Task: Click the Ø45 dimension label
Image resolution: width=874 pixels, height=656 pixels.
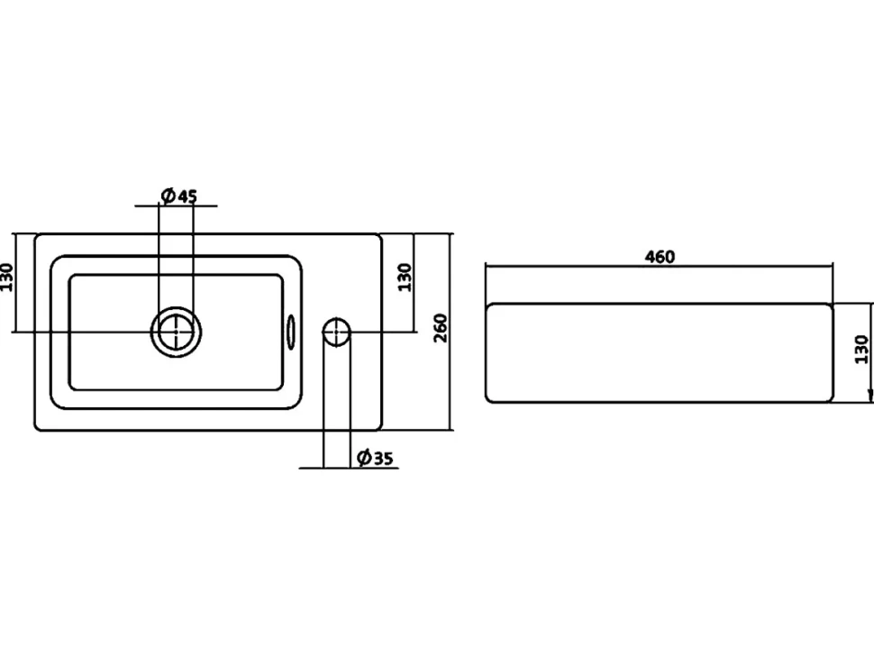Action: pyautogui.click(x=178, y=196)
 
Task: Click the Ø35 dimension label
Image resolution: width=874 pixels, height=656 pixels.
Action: pyautogui.click(x=375, y=458)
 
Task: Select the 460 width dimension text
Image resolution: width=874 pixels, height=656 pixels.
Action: pyautogui.click(x=660, y=257)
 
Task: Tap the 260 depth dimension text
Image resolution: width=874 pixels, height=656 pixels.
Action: pyautogui.click(x=441, y=328)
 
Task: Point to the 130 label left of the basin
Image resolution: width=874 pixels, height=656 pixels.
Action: pyautogui.click(x=6, y=277)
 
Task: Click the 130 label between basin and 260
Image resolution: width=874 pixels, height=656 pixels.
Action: pyautogui.click(x=405, y=277)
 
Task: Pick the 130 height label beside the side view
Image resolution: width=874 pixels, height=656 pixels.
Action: pyautogui.click(x=861, y=350)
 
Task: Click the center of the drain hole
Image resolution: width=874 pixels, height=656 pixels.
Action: pyautogui.click(x=176, y=332)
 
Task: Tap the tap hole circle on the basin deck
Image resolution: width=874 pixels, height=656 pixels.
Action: pyautogui.click(x=336, y=332)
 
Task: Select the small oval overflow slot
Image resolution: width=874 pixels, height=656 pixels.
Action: pyautogui.click(x=292, y=333)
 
